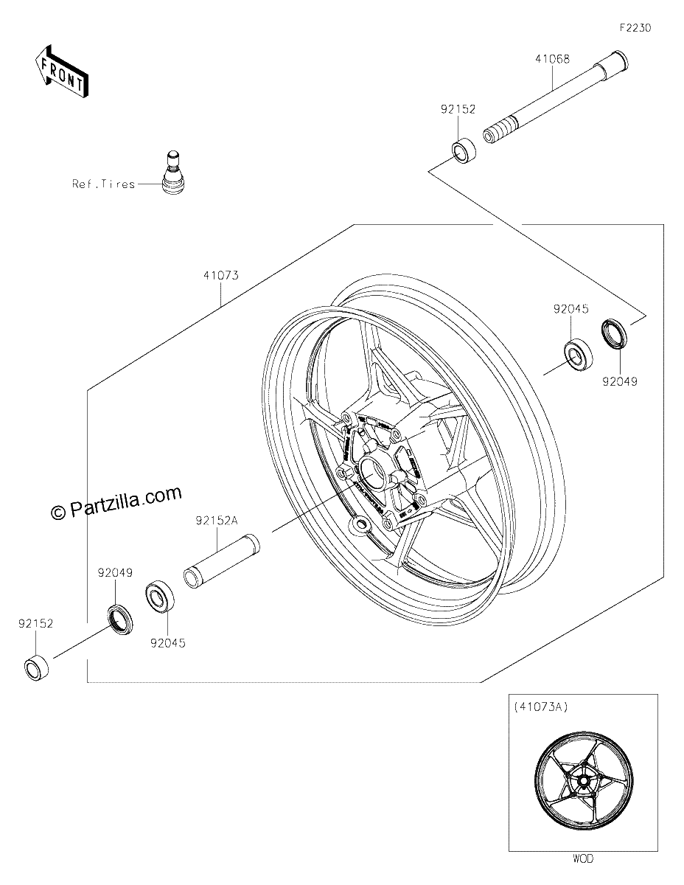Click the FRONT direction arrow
[x=61, y=72]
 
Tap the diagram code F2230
[x=635, y=28]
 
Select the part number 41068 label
[x=552, y=59]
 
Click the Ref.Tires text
[x=103, y=184]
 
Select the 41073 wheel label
[x=221, y=276]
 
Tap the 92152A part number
[x=217, y=521]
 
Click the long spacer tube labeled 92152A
[x=222, y=560]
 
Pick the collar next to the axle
[x=464, y=151]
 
